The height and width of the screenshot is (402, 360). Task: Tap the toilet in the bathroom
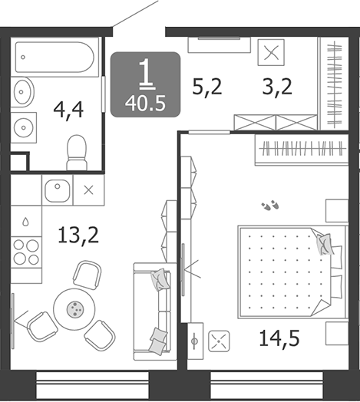click(x=77, y=151)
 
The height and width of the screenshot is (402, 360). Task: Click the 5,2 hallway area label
click(x=206, y=87)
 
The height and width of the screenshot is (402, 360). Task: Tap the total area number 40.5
click(x=146, y=100)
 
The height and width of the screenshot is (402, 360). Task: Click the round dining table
click(x=74, y=308)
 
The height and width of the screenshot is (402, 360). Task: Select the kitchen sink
click(x=58, y=189)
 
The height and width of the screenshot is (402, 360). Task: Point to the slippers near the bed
click(x=271, y=206)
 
